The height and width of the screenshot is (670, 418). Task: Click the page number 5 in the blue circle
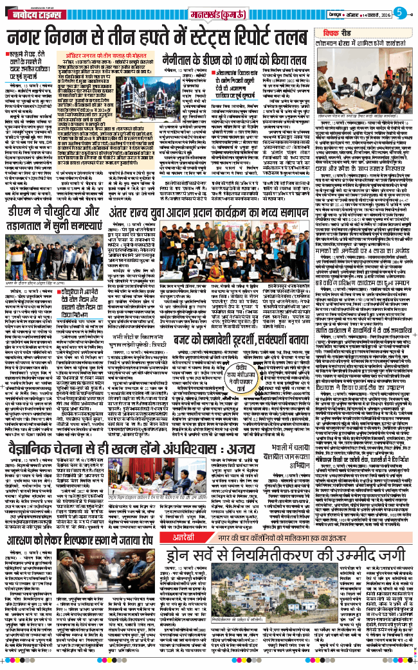[x=399, y=11]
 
